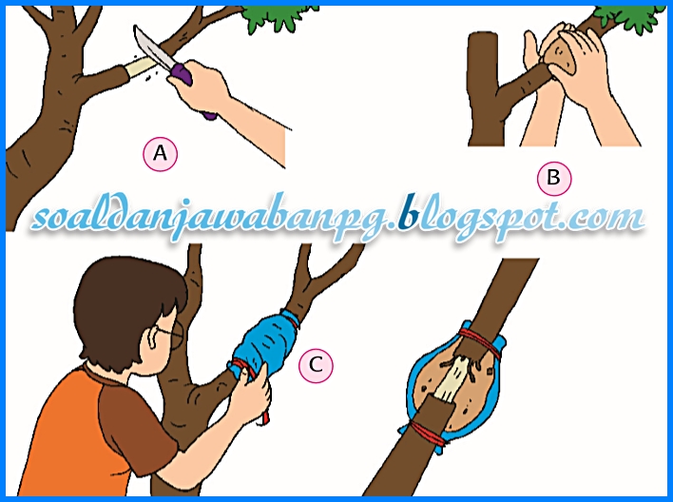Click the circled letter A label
[x=160, y=153]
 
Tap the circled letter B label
[x=554, y=178]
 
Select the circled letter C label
[x=316, y=365]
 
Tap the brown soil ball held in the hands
[x=560, y=55]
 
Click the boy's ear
[x=153, y=340]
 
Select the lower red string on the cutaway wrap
[x=427, y=431]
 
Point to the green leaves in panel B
[x=627, y=18]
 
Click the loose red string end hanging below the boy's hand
[x=264, y=415]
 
